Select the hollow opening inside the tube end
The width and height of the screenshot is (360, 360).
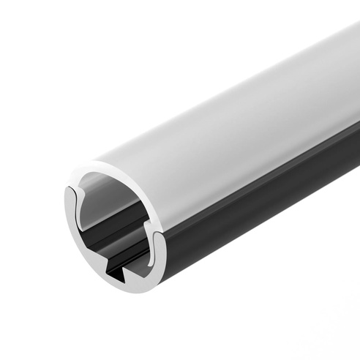(x=110, y=220)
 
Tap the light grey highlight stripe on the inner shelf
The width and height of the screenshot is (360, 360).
(x=117, y=224)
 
